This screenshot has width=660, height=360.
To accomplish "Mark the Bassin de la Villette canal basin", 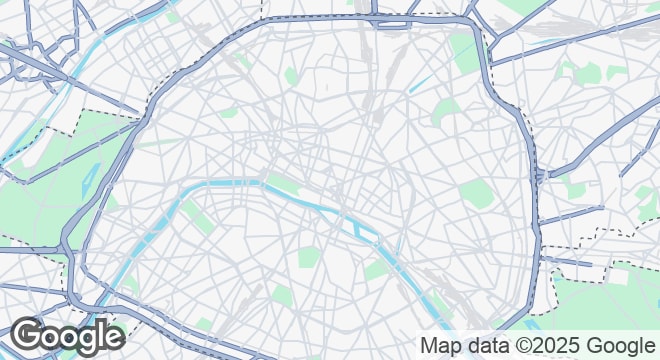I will pos(420,81).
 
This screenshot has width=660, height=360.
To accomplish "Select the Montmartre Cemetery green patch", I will pos(291,76).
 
